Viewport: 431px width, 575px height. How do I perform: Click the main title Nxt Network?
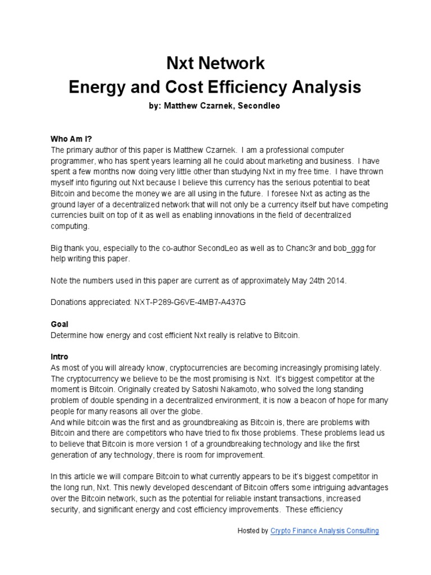coord(215,63)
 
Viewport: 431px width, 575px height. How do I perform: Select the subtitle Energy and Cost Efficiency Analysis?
coord(215,87)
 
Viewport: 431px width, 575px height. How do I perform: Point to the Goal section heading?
coord(59,325)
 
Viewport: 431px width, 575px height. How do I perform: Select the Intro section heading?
coord(59,357)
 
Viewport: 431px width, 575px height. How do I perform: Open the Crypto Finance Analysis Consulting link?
coord(324,531)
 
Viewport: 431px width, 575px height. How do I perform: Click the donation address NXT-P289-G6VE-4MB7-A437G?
coord(190,302)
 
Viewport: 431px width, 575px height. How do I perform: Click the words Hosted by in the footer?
coord(253,531)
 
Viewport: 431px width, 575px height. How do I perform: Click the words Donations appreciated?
coord(91,302)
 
